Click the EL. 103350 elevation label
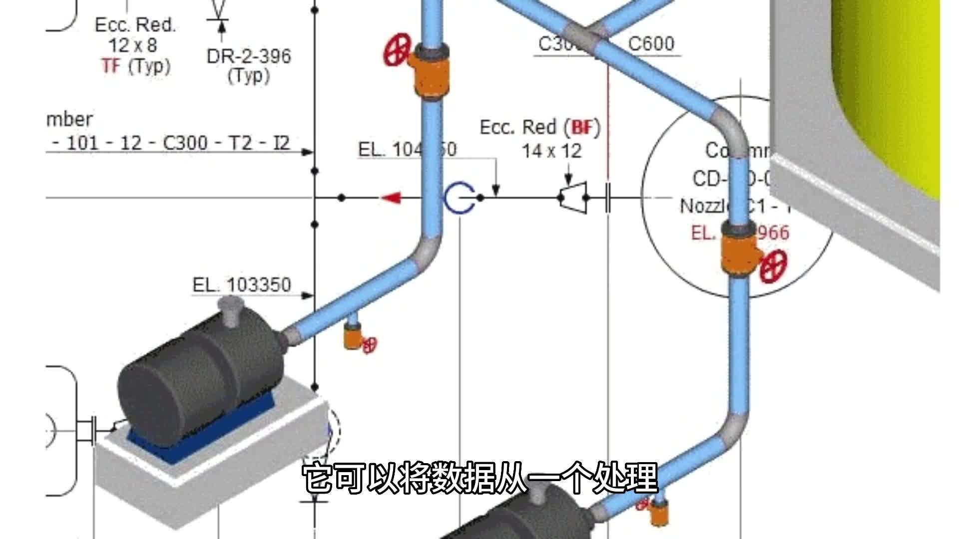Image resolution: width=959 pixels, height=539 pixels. [x=242, y=285]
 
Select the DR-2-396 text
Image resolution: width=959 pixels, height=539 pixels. [x=249, y=56]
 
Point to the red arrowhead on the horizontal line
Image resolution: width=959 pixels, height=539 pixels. [x=392, y=198]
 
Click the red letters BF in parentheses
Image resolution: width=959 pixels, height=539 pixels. [x=582, y=128]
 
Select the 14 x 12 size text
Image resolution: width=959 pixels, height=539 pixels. [x=551, y=151]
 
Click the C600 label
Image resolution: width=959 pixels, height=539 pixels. [x=651, y=44]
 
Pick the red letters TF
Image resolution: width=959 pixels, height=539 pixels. [x=112, y=66]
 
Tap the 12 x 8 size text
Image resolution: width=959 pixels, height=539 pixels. [x=133, y=45]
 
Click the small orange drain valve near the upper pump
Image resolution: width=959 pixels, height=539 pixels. [x=353, y=337]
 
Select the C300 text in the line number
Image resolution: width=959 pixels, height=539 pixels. [x=185, y=144]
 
